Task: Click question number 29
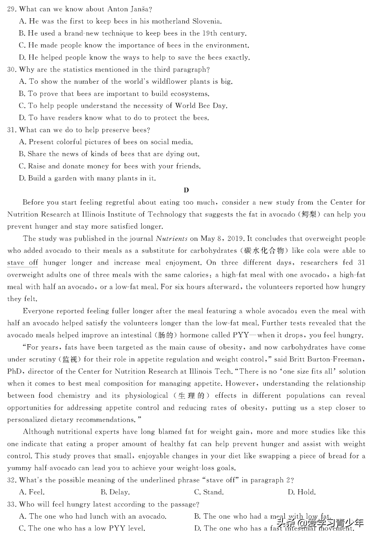pos(12,9)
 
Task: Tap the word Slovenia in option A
pos(206,21)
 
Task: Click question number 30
pos(12,70)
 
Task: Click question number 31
pos(12,130)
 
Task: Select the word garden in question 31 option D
pos(66,178)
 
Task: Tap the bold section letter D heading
pos(186,190)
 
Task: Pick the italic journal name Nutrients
pos(172,239)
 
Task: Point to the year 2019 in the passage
pos(235,239)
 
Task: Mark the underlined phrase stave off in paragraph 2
pos(22,263)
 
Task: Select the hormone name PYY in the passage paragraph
pos(241,335)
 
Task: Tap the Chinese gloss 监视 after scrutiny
pos(70,359)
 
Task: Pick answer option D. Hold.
pos(301,492)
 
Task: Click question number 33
pos(12,504)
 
